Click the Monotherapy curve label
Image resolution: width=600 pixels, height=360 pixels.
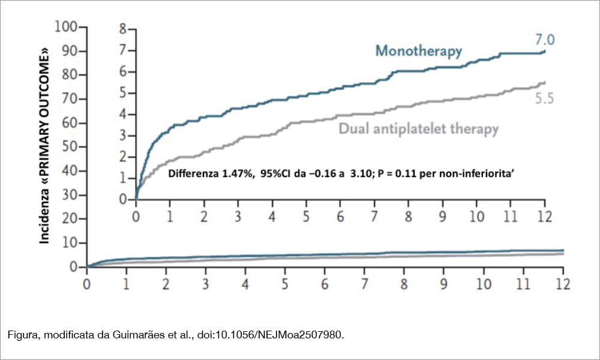(x=419, y=50)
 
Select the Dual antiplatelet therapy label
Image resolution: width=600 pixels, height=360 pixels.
(x=418, y=128)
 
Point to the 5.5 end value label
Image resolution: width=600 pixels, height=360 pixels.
(x=545, y=99)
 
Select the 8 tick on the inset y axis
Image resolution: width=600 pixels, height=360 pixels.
(x=123, y=29)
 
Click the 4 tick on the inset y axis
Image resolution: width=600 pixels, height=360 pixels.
(x=123, y=114)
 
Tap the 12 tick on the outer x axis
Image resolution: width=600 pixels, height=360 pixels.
(x=563, y=283)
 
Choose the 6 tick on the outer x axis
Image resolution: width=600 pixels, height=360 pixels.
(x=325, y=283)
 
